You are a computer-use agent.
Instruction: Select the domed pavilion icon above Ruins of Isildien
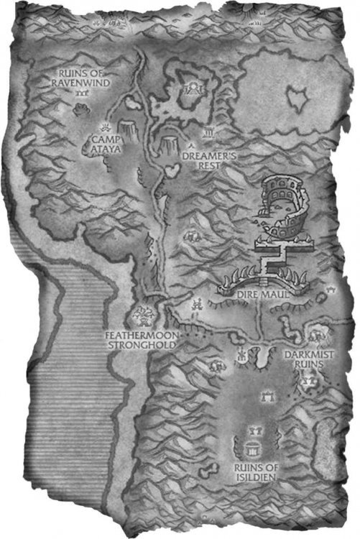[x=252, y=450]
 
